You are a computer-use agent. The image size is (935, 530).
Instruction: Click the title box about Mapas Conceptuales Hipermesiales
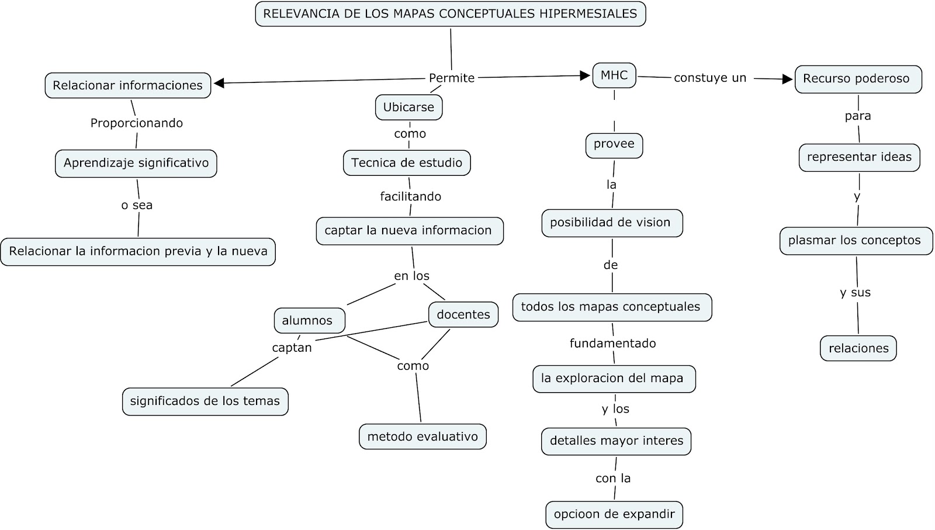(450, 14)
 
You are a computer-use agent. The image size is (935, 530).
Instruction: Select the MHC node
(614, 75)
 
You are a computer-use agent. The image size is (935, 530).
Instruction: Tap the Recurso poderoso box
(857, 79)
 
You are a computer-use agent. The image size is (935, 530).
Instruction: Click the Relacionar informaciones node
(127, 85)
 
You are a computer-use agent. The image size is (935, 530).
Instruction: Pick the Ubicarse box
(408, 108)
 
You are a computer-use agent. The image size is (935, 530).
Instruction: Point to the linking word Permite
(452, 78)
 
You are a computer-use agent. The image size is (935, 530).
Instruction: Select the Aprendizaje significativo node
(136, 163)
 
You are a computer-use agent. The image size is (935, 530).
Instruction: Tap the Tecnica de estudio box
(407, 163)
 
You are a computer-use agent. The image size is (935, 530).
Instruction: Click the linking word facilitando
(410, 196)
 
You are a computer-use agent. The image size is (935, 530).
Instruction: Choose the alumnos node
(309, 320)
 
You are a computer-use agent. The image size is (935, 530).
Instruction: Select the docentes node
(463, 314)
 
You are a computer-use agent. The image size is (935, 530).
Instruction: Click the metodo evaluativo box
(423, 437)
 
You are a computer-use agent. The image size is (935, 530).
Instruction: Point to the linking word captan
(292, 348)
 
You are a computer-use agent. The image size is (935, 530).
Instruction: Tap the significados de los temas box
(205, 401)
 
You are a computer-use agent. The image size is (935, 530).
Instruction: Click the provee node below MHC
(614, 144)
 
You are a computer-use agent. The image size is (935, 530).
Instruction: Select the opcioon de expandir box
(614, 514)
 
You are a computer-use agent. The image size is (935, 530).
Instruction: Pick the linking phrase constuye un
(710, 78)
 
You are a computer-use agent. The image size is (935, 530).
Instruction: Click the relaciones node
(858, 348)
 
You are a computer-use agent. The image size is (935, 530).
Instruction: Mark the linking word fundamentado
(612, 344)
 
